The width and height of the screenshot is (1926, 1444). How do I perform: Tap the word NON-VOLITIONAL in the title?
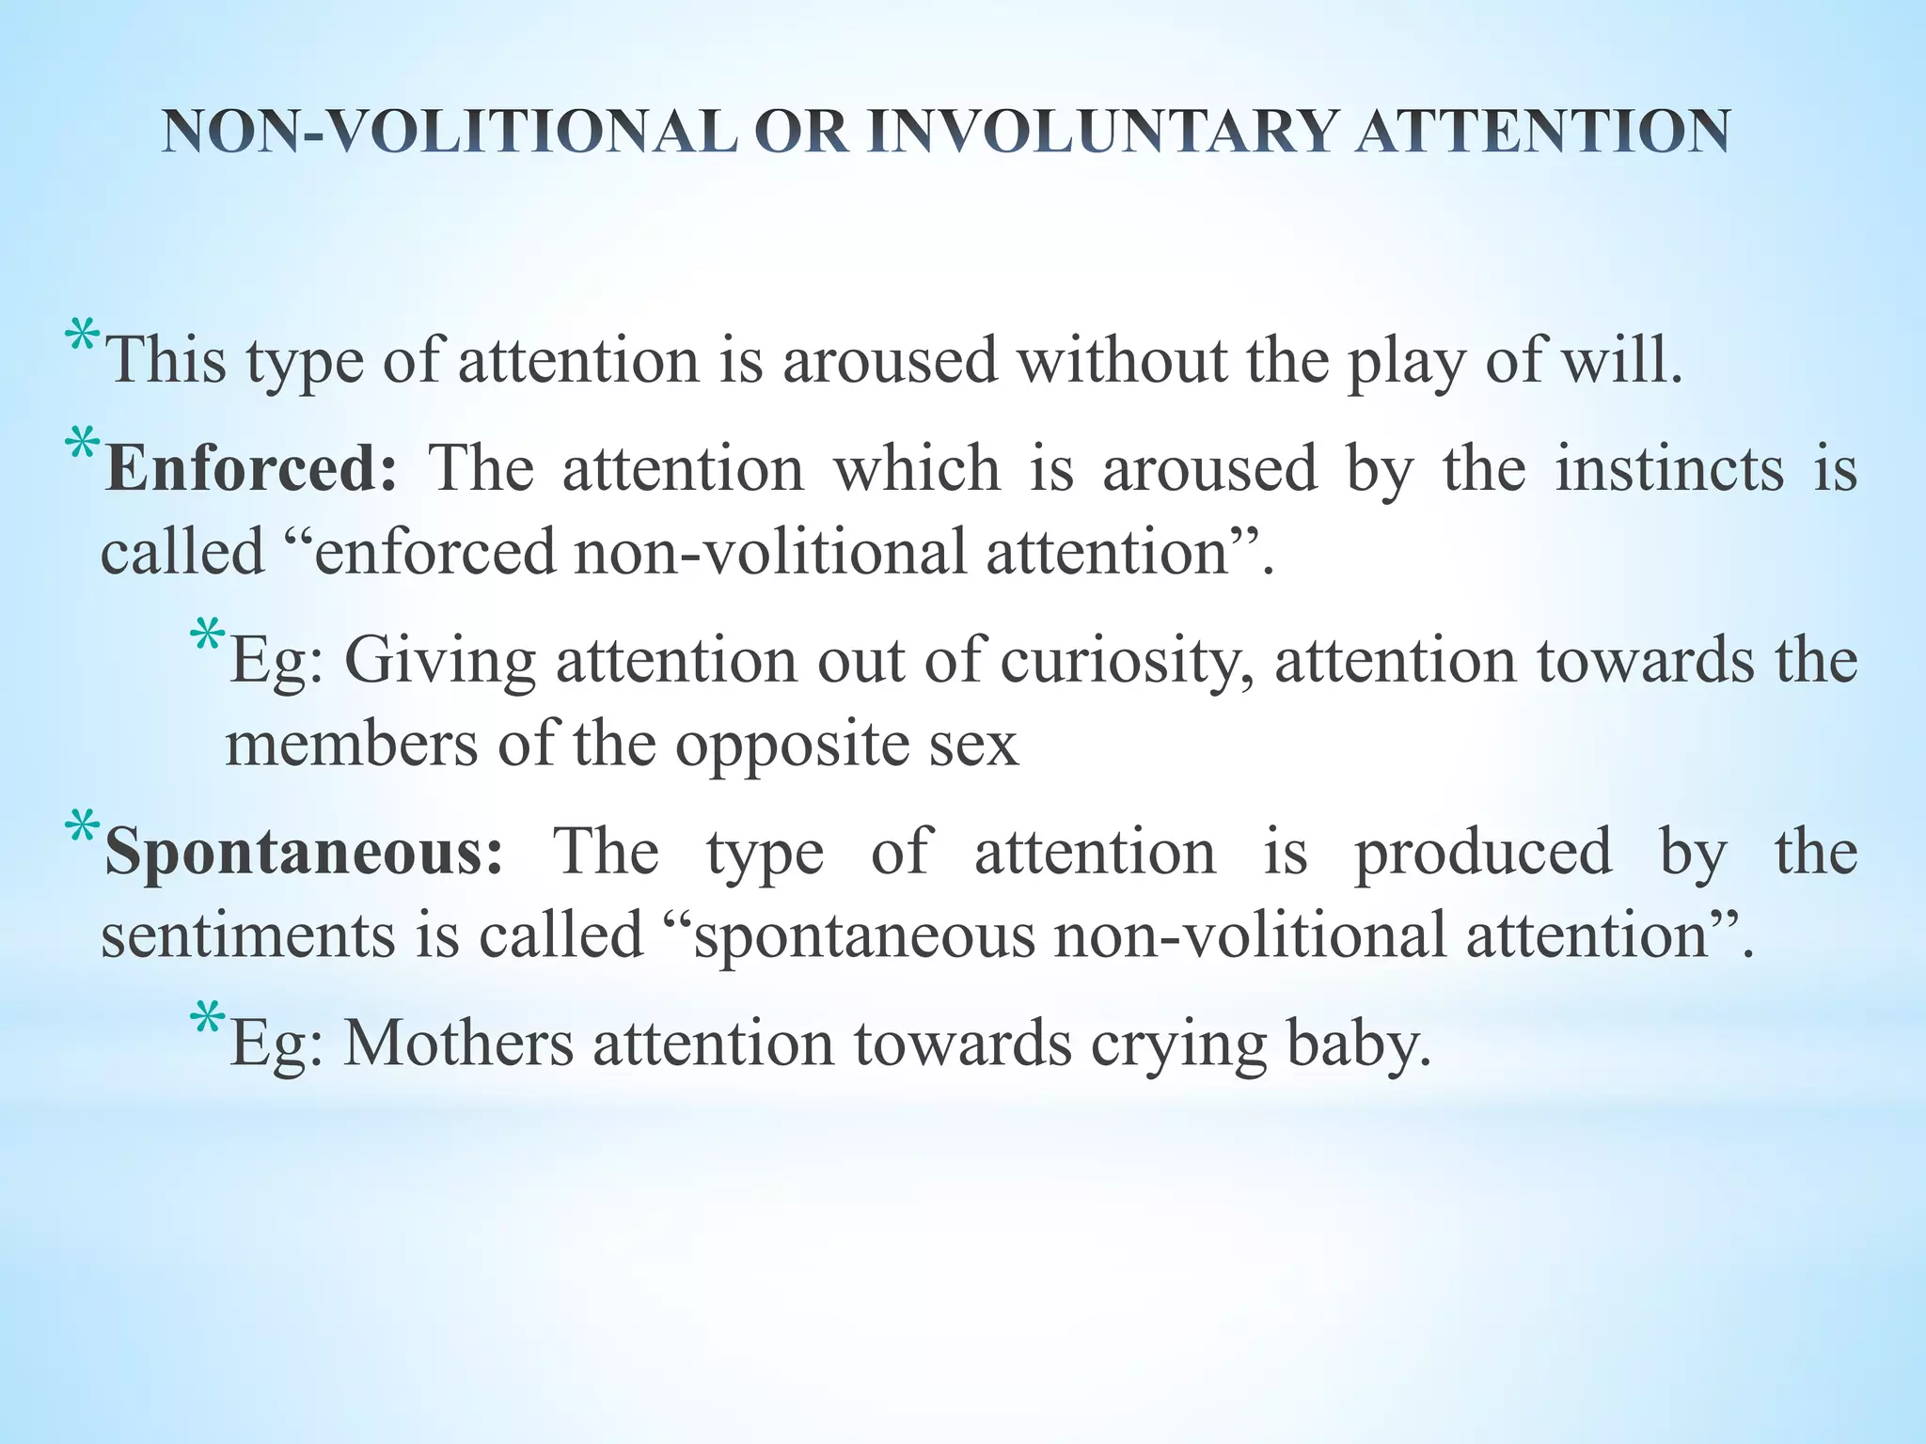pos(450,132)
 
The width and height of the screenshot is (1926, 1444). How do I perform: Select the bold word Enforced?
pos(251,468)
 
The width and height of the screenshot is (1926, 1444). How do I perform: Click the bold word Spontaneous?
pos(304,852)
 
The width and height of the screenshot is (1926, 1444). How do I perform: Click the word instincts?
pos(1668,468)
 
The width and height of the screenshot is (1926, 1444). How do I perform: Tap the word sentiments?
pos(246,935)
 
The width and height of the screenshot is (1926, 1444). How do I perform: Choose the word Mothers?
pos(458,1044)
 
